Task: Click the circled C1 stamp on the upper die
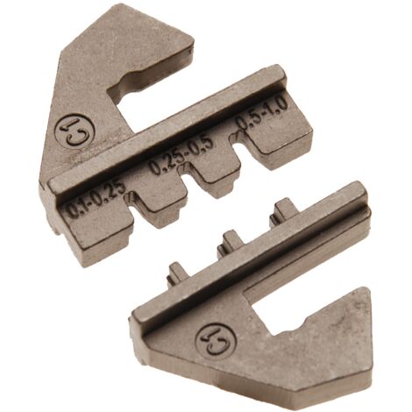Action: coord(75,132)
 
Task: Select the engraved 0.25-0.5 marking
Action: coord(181,155)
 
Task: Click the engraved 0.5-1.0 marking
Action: coord(261,113)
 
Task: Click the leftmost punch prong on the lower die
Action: coord(177,273)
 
